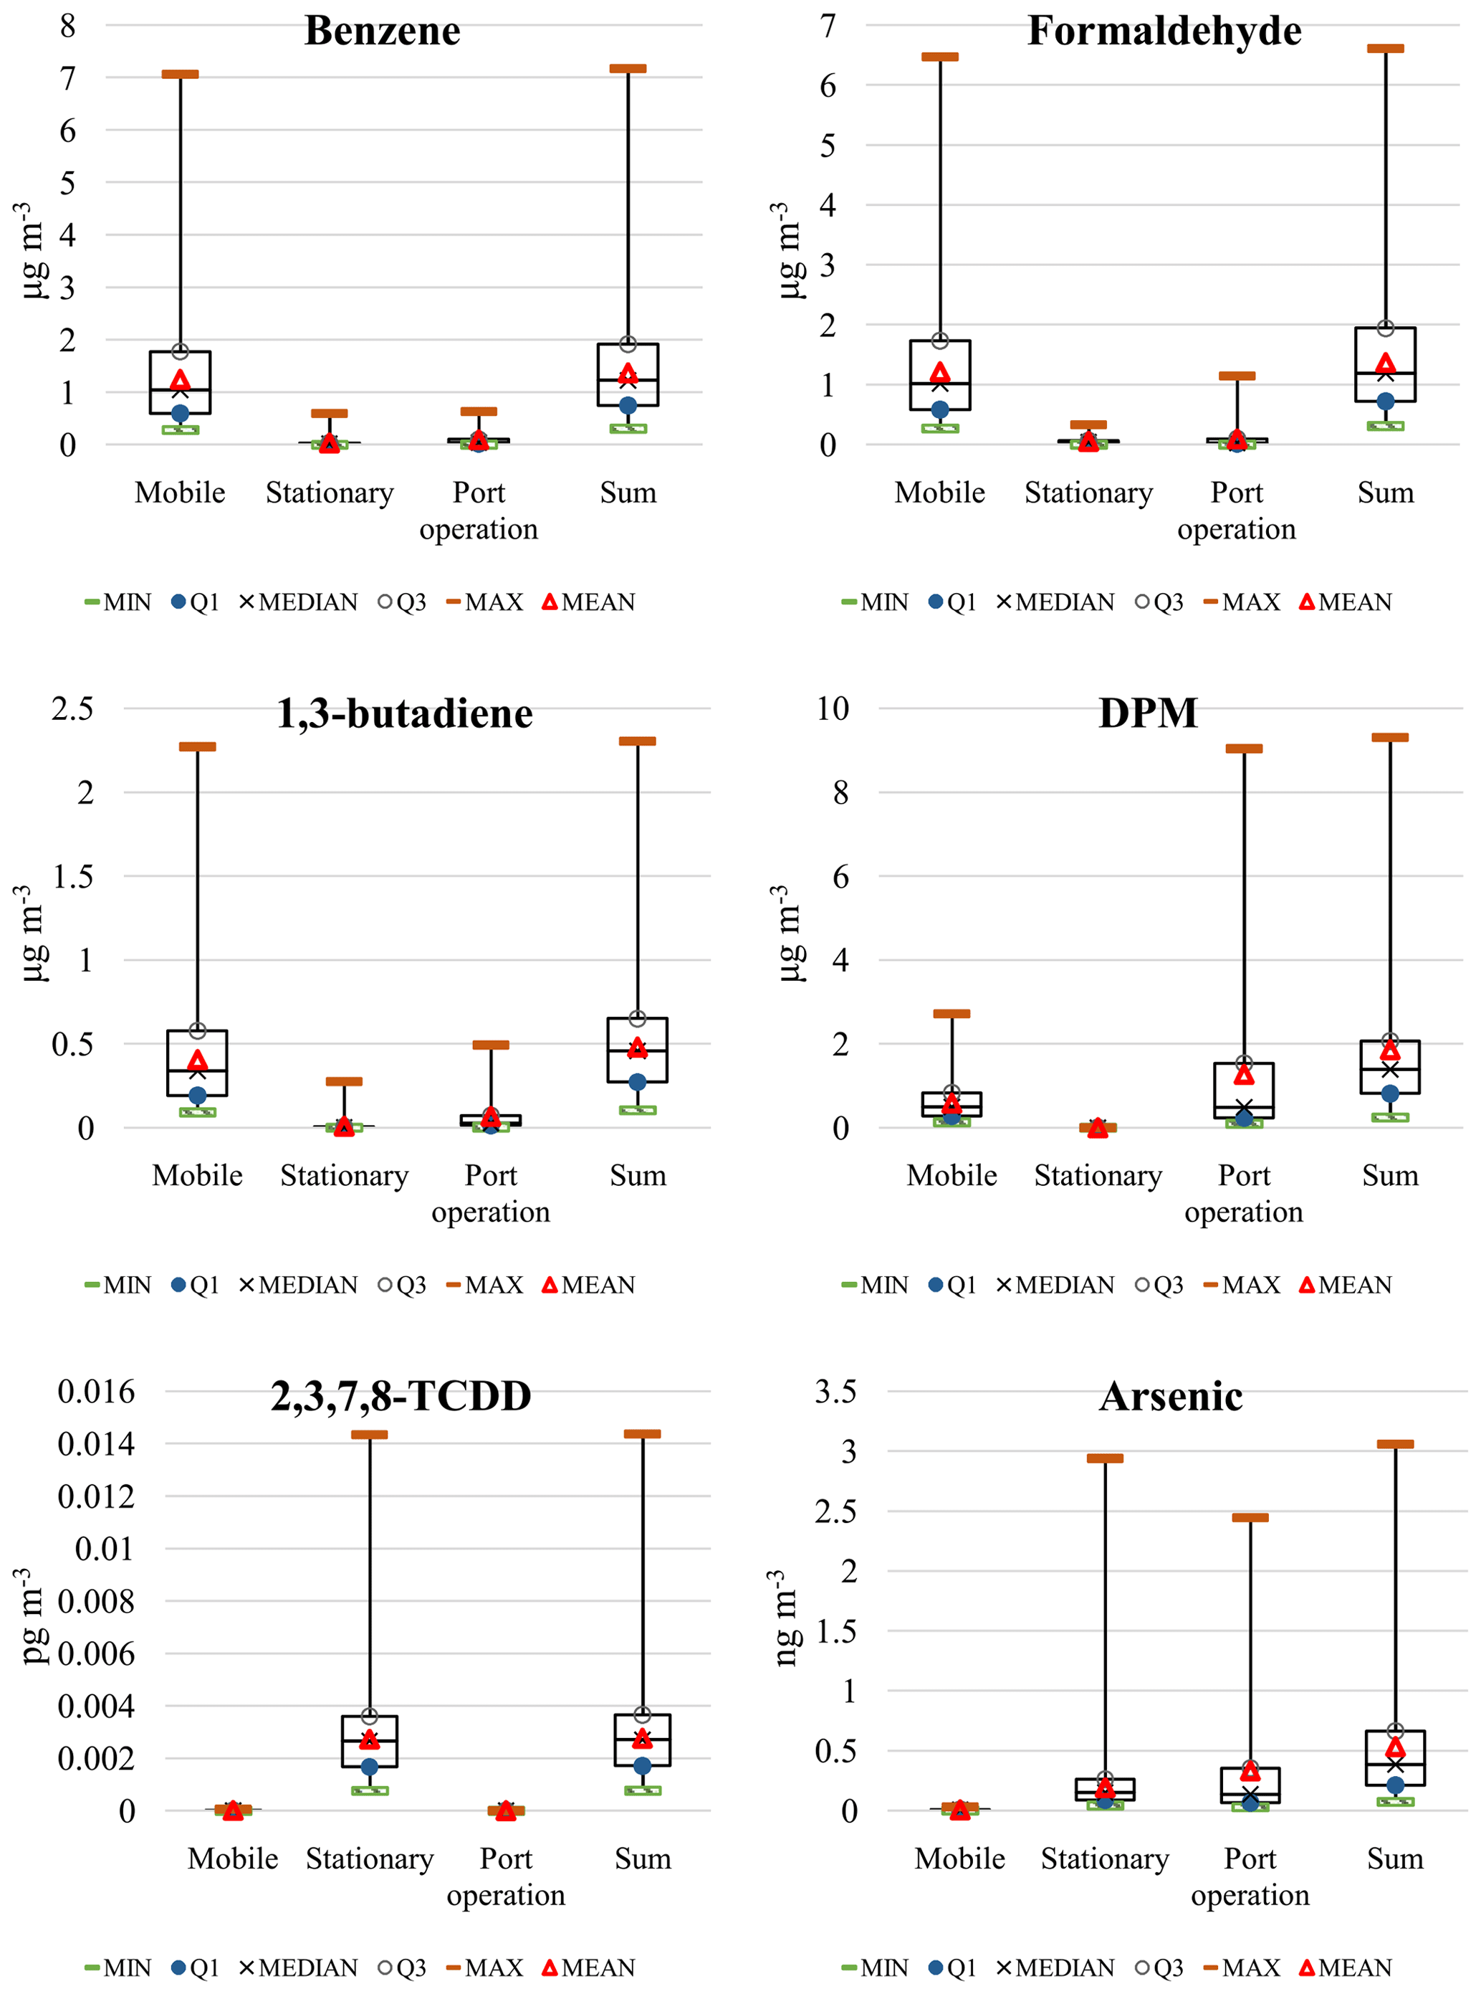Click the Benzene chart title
click(x=382, y=32)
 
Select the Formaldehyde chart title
click(x=1164, y=32)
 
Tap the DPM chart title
click(x=1148, y=714)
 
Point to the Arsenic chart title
click(x=1171, y=1397)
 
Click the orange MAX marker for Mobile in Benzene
click(x=180, y=75)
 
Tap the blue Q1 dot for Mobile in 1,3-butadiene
click(x=197, y=1095)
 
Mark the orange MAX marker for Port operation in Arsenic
click(x=1250, y=1518)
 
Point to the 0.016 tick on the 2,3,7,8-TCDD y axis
click(x=96, y=1392)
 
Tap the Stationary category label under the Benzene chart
click(x=329, y=493)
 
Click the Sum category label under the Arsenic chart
click(x=1395, y=1858)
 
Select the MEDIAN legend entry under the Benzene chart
click(x=299, y=602)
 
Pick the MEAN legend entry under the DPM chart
click(x=1346, y=1286)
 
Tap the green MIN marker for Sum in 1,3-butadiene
click(x=638, y=1111)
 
